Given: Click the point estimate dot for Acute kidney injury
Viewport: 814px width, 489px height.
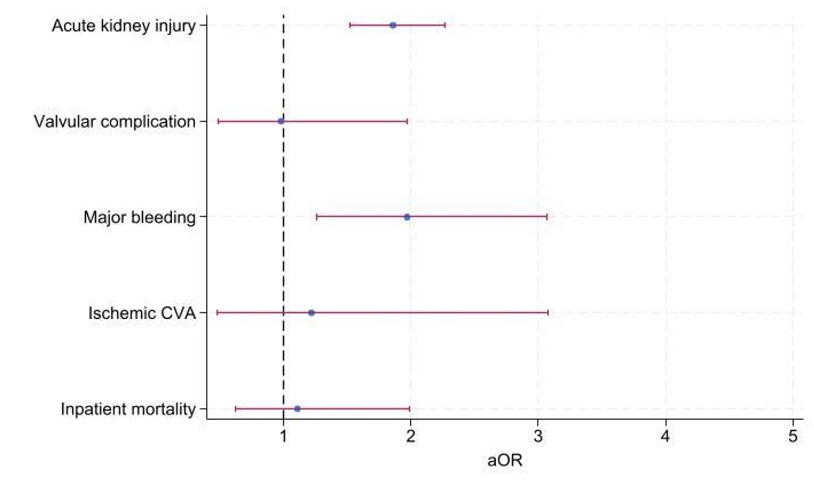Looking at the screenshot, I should point(393,25).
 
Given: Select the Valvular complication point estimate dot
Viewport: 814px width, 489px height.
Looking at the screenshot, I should point(281,121).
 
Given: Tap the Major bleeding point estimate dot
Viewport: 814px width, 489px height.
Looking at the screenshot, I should point(407,217).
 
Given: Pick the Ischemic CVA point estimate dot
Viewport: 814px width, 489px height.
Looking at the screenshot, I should point(312,313).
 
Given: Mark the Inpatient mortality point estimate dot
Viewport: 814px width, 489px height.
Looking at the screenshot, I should point(297,409).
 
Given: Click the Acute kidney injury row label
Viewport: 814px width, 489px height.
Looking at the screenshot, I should point(124,26).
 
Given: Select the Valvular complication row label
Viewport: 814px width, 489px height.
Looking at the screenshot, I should point(115,122).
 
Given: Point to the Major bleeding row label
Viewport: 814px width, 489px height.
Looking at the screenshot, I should point(139,217).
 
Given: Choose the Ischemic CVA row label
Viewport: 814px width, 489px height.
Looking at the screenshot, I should point(142,313).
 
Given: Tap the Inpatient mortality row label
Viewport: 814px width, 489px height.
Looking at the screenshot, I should point(128,409).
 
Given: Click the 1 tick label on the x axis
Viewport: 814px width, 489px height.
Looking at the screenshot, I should point(283,436).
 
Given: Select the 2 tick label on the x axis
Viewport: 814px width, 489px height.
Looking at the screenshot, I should point(410,436).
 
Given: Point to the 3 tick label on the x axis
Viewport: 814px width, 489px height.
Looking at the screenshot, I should point(538,436).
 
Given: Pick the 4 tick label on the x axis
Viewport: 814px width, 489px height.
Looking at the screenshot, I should point(665,436).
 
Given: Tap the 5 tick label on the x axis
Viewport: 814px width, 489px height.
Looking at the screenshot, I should point(793,436).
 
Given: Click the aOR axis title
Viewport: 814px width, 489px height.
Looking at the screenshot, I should point(505,461).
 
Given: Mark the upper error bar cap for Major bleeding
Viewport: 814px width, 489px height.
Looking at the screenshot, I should point(547,217).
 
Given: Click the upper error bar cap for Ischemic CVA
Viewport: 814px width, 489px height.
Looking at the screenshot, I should point(548,313).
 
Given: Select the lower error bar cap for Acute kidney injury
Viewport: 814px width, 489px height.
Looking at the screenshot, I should point(350,25).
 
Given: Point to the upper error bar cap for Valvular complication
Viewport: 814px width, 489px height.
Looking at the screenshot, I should point(407,121).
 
